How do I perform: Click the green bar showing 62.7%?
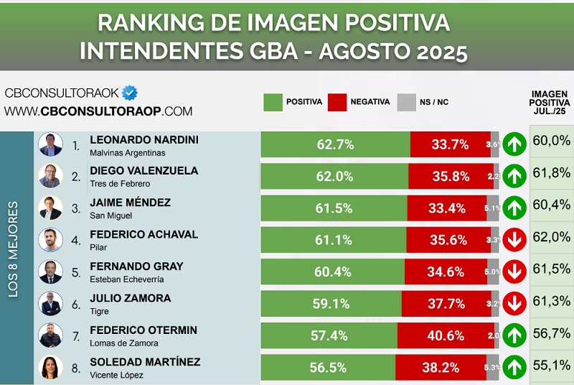335,144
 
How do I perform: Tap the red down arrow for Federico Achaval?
514,240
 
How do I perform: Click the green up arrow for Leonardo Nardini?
514,144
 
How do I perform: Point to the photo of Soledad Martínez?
50,367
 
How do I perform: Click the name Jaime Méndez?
130,203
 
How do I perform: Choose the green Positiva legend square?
273,102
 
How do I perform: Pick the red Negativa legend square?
337,102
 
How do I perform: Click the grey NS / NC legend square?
406,102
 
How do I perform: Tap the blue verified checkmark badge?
130,93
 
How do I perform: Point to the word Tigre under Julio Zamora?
99,312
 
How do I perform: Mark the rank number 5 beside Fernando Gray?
76,272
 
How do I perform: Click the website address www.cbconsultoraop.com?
98,111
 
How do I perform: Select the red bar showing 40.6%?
445,335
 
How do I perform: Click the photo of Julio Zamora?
50,304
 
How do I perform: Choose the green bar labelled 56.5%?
327,367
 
